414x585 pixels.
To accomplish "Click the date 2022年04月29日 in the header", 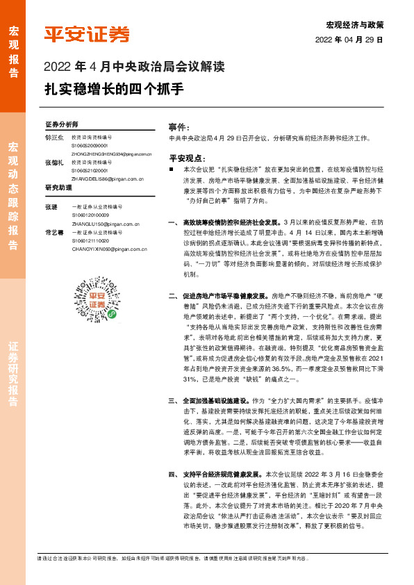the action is coord(349,39).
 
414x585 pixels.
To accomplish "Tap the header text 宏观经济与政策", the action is coord(355,24).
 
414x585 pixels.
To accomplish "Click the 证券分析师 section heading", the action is coord(60,125).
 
